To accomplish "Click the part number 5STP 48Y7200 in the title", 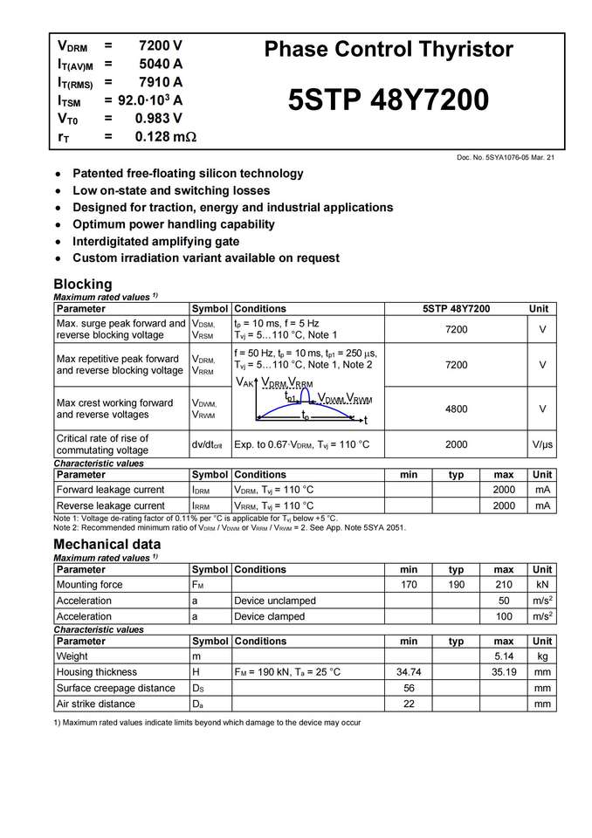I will pyautogui.click(x=389, y=100).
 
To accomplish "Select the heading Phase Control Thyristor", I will pyautogui.click(x=389, y=49).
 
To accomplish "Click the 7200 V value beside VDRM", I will pyautogui.click(x=160, y=45).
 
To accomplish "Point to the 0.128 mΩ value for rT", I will pyautogui.click(x=165, y=137).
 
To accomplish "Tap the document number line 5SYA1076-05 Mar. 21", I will pyautogui.click(x=506, y=157).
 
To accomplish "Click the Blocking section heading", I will pyautogui.click(x=83, y=284).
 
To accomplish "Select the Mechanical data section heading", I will pyautogui.click(x=107, y=544).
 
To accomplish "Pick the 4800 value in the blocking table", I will pyautogui.click(x=456, y=409).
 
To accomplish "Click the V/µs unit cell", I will pyautogui.click(x=542, y=444).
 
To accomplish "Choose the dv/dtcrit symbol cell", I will pyautogui.click(x=208, y=444).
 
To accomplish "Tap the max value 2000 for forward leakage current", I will pyautogui.click(x=504, y=490).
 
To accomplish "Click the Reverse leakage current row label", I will pyautogui.click(x=110, y=505).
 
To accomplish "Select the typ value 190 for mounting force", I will pyautogui.click(x=456, y=585).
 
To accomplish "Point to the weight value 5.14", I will pyautogui.click(x=504, y=656).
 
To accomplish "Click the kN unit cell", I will pyautogui.click(x=542, y=585).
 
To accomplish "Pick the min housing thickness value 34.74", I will pyautogui.click(x=409, y=672).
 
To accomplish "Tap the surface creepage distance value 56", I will pyautogui.click(x=409, y=688).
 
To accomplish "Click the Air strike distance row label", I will pyautogui.click(x=95, y=704).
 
